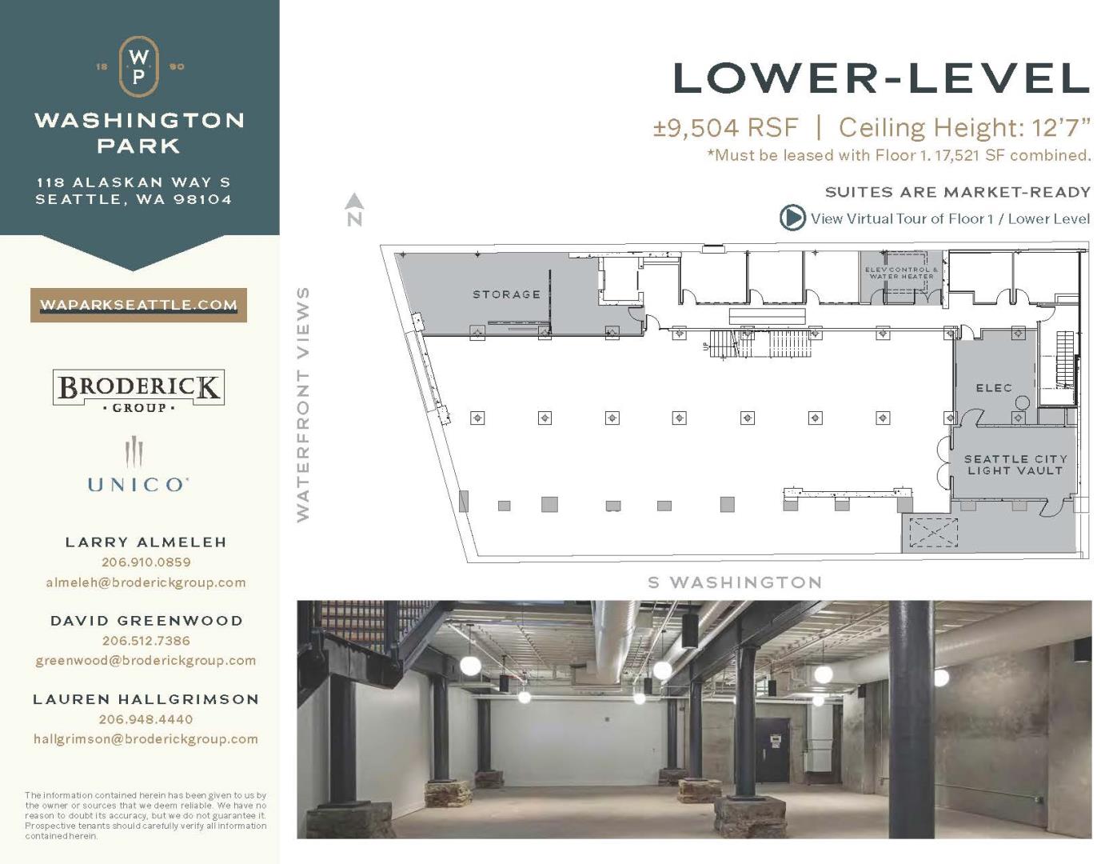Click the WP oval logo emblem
point(138,66)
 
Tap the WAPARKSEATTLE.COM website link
point(139,305)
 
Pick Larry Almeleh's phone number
point(146,562)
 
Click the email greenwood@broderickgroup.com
point(146,660)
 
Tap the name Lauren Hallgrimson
point(146,699)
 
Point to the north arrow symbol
point(355,202)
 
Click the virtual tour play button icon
point(792,218)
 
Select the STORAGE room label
point(506,294)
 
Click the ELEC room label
point(994,388)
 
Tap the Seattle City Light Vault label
point(1015,465)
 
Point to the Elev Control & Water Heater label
point(901,273)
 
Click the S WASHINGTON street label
point(735,582)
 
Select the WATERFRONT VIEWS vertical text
point(303,404)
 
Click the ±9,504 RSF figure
point(725,127)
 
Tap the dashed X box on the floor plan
point(933,532)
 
